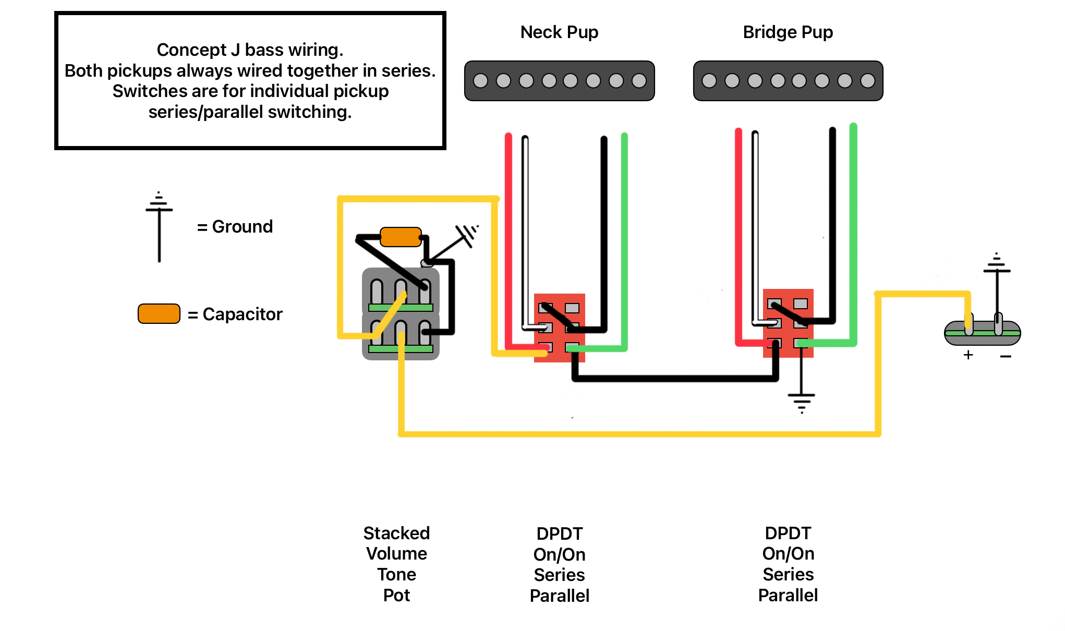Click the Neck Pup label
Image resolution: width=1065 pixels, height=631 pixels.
[559, 32]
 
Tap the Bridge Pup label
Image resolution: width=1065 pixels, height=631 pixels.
[788, 32]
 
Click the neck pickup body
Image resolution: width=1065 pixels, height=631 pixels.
[559, 81]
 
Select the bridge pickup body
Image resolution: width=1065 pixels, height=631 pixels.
[788, 81]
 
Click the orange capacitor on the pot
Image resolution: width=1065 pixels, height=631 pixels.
[401, 237]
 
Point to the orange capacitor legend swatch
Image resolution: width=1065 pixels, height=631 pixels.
[159, 313]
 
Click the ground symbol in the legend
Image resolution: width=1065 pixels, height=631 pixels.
[159, 227]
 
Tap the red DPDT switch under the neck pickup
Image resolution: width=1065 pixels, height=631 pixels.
[560, 327]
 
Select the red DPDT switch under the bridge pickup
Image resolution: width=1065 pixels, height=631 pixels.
[788, 323]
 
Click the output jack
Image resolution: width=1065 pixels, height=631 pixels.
[983, 333]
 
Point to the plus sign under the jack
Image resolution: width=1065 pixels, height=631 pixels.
[969, 355]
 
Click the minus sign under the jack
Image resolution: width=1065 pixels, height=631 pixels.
[1006, 356]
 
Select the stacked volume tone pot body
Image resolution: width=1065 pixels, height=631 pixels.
[401, 314]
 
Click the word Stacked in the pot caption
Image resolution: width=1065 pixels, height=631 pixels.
[396, 533]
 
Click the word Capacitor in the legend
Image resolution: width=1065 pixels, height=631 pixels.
[243, 314]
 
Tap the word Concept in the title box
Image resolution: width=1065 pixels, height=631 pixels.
[191, 50]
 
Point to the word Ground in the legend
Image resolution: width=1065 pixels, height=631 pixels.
[243, 227]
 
